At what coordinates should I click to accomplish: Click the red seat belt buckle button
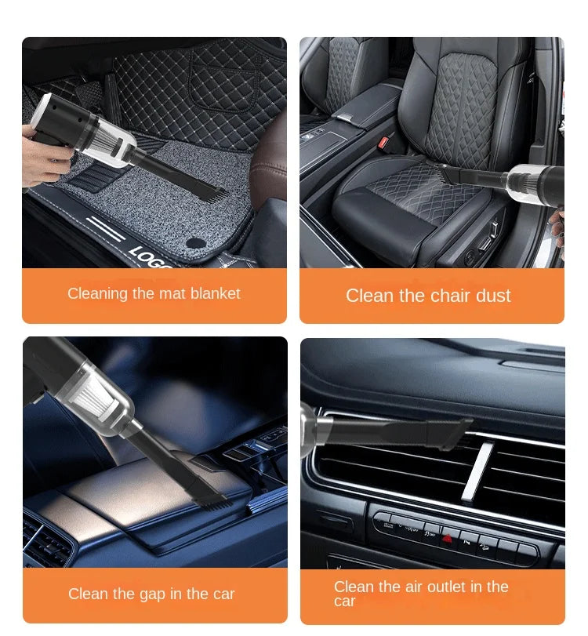(x=385, y=143)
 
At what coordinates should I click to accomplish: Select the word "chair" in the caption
(x=428, y=296)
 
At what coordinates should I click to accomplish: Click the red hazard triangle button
(x=448, y=538)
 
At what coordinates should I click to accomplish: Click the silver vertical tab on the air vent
(x=477, y=471)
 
